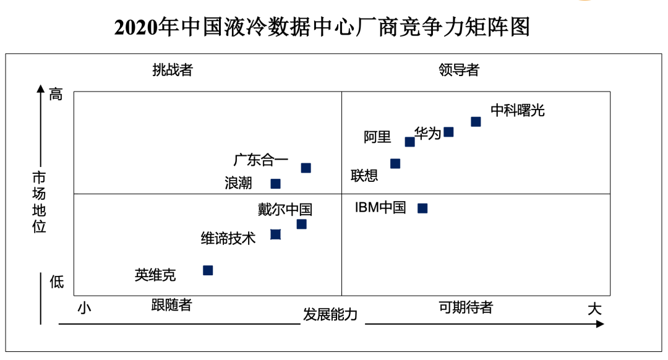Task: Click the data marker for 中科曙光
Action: pos(476,122)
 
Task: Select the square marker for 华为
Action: pos(448,132)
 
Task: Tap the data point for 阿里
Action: pos(409,142)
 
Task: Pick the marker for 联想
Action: pos(395,164)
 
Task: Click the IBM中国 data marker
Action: pos(422,208)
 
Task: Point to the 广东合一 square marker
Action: pos(306,168)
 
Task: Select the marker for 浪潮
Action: pos(276,184)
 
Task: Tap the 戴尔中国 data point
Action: pos(301,224)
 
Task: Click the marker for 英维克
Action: pos(208,270)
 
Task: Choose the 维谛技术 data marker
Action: pos(276,234)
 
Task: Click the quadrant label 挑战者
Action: pos(173,70)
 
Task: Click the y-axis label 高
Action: pos(56,95)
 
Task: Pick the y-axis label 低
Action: pos(56,283)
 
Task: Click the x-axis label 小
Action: pos(85,307)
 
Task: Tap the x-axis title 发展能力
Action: pos(330,314)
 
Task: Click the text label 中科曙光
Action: pos(518,111)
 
